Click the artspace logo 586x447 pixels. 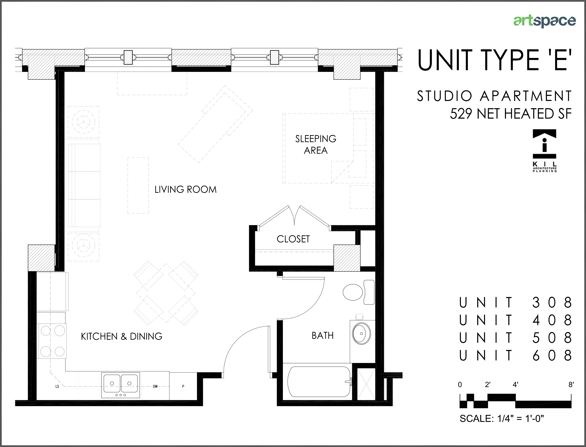click(x=544, y=21)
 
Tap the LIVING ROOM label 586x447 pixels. click(x=185, y=189)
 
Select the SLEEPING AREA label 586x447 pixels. click(x=316, y=145)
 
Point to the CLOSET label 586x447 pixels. click(x=293, y=239)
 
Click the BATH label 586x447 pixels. click(x=322, y=335)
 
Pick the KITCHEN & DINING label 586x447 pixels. click(x=122, y=336)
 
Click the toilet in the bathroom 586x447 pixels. click(x=356, y=292)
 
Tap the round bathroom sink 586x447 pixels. click(x=362, y=334)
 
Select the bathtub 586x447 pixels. click(x=319, y=381)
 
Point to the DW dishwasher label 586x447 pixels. click(x=155, y=386)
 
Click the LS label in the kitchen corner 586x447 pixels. click(x=57, y=386)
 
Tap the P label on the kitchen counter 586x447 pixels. click(x=183, y=386)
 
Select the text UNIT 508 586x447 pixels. click(x=515, y=338)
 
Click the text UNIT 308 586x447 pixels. click(x=515, y=302)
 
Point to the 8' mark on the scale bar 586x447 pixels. click(x=571, y=384)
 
